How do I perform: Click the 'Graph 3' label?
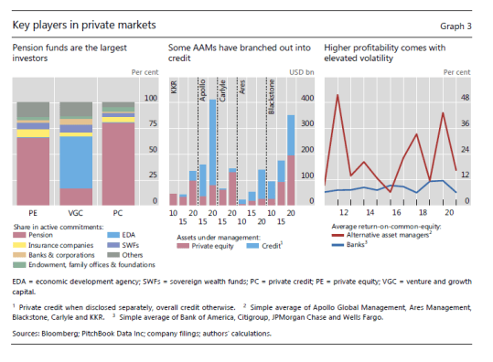point(455,27)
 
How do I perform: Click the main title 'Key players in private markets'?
point(84,25)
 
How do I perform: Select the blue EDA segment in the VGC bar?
point(76,162)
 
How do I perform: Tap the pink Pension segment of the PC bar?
point(118,164)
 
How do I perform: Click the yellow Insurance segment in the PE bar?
point(33,133)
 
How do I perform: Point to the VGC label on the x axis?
point(75,213)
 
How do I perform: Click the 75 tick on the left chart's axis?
point(153,123)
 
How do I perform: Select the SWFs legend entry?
point(123,245)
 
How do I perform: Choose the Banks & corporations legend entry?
point(54,255)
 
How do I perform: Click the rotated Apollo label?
point(202,90)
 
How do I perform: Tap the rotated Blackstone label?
point(271,97)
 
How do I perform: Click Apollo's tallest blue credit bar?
point(212,143)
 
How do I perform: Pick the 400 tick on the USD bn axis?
point(307,98)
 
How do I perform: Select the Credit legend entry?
point(264,246)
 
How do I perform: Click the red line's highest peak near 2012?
point(338,94)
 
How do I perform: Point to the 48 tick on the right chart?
point(465,98)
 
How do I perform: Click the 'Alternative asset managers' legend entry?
point(381,235)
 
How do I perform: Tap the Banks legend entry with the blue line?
point(349,244)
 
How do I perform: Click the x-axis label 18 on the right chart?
point(423,213)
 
